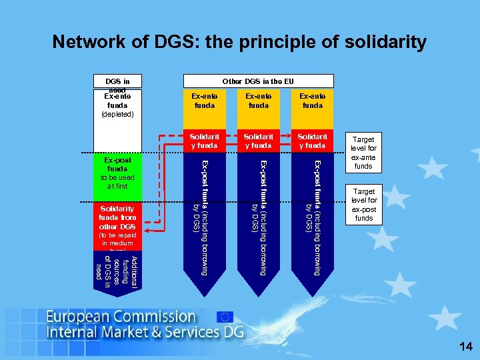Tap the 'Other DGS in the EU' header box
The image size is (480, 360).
point(258,81)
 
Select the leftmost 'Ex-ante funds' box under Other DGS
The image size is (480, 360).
point(205,101)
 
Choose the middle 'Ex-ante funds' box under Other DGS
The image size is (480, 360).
point(258,101)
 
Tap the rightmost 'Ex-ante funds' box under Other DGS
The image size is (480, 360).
point(312,101)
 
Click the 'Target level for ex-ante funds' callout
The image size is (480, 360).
point(363,153)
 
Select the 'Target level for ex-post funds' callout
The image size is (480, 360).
point(363,205)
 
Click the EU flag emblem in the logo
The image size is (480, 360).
point(225,317)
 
